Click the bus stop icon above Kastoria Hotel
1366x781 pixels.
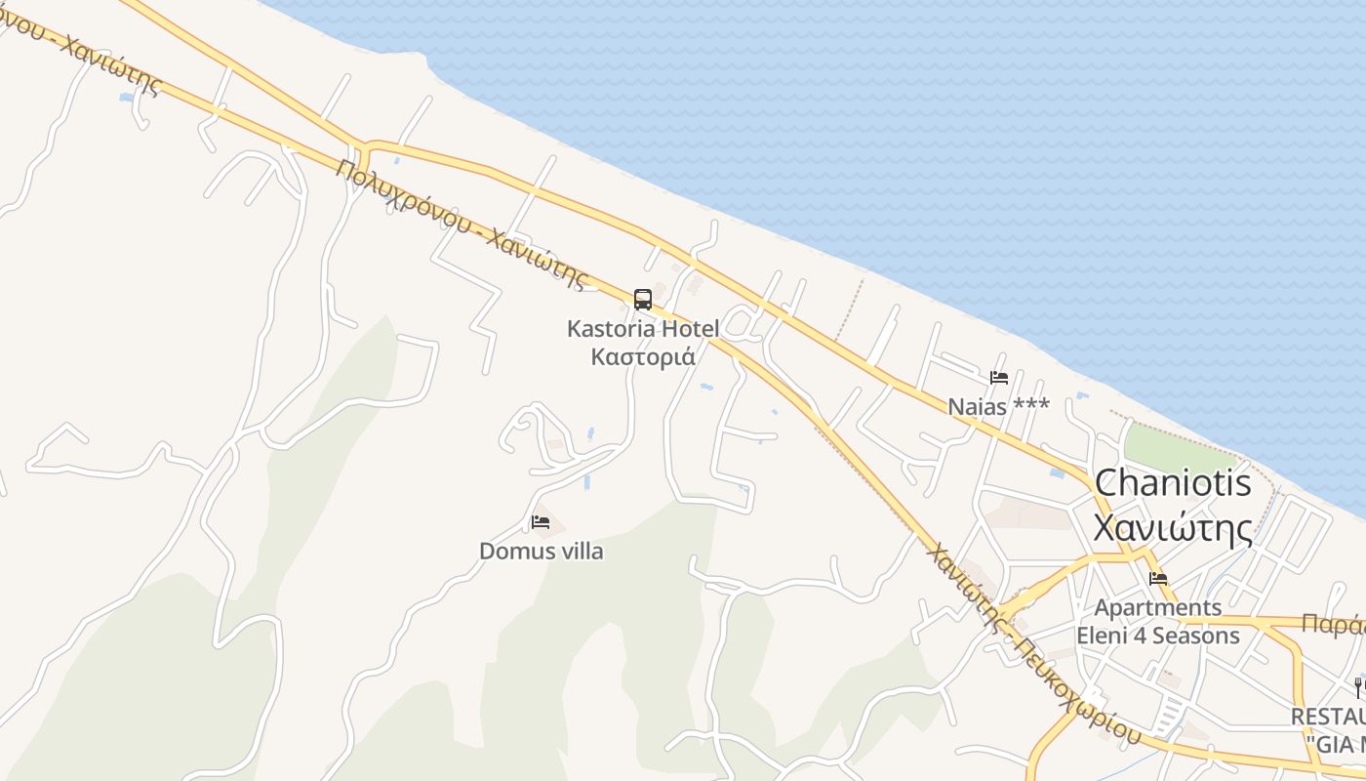tap(642, 300)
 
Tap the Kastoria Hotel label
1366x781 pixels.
tap(642, 329)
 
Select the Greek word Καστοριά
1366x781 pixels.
tap(643, 356)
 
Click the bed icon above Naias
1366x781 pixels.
tap(998, 378)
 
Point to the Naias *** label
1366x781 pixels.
tap(998, 406)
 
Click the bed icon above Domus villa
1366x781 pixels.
tap(541, 522)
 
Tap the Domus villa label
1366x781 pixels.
tap(541, 552)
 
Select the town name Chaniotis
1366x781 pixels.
tap(1173, 483)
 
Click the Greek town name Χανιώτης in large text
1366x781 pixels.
tap(1173, 528)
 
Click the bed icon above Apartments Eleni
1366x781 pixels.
tap(1158, 579)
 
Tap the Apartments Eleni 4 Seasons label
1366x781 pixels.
tap(1158, 622)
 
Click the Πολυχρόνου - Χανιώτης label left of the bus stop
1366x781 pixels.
tap(464, 225)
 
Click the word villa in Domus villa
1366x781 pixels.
tap(580, 552)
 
